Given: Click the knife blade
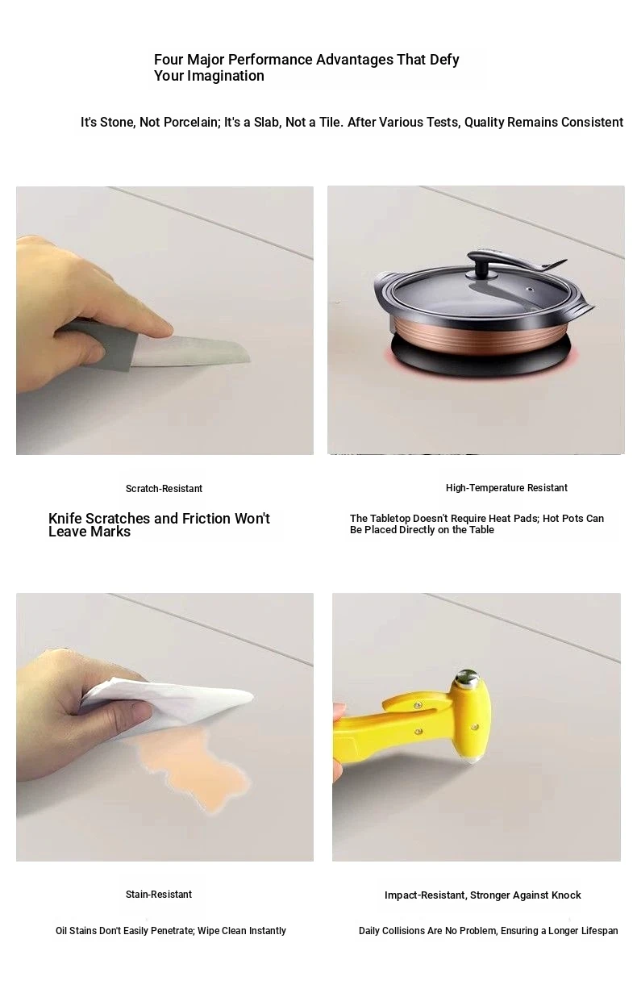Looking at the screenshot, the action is (189, 350).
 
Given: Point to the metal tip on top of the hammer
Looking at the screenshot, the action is (467, 678).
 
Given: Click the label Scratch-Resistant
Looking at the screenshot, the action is (164, 489).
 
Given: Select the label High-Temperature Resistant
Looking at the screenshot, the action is (506, 488).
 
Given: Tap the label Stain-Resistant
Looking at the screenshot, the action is (159, 894).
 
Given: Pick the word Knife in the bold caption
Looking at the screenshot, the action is (65, 518).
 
